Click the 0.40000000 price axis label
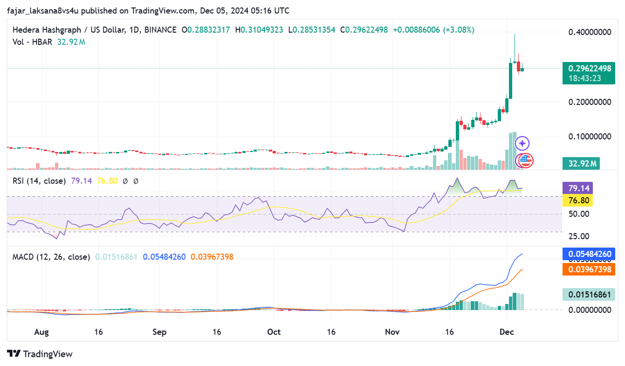click(590, 32)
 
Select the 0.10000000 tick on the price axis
click(590, 137)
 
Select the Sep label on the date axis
click(159, 332)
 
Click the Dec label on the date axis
click(507, 332)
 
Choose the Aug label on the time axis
click(41, 332)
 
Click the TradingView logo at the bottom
click(40, 354)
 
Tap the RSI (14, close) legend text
click(39, 180)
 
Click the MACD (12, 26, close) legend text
click(51, 257)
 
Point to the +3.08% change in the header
click(460, 30)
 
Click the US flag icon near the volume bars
click(526, 161)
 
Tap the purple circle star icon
click(522, 143)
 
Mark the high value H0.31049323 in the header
click(259, 30)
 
